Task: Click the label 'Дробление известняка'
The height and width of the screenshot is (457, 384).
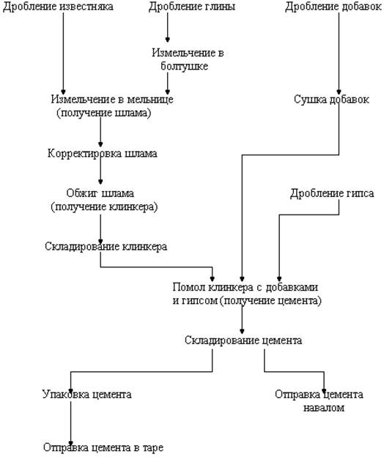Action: tap(58, 6)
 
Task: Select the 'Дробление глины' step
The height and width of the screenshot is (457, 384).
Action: tap(192, 6)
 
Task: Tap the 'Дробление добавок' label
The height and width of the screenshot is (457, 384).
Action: tap(333, 6)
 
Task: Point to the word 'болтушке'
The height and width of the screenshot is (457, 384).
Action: tap(184, 66)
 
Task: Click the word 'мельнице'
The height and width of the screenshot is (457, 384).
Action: tap(150, 99)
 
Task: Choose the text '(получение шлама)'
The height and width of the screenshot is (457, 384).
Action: tap(104, 113)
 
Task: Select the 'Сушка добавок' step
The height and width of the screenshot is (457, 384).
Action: tap(331, 100)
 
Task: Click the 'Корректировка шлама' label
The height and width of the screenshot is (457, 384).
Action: tap(103, 153)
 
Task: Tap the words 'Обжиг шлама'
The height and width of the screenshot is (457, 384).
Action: tap(100, 193)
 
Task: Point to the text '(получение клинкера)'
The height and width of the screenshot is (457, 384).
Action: tap(104, 207)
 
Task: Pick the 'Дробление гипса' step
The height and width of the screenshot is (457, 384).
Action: tap(332, 193)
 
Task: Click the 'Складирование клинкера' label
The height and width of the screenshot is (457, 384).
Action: tap(106, 247)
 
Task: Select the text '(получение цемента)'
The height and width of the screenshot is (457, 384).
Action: tap(270, 300)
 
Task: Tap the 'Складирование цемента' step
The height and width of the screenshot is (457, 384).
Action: tap(243, 340)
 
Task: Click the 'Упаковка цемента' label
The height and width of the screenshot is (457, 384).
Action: tap(87, 394)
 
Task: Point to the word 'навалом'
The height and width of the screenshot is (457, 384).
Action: tap(324, 407)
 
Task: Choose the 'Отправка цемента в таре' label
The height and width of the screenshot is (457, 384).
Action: tap(103, 447)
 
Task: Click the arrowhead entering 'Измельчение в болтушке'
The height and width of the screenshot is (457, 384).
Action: tap(167, 40)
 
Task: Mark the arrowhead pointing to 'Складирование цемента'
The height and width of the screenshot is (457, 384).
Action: tap(242, 331)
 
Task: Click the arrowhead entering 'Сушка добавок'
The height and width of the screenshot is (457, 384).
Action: tap(339, 92)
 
